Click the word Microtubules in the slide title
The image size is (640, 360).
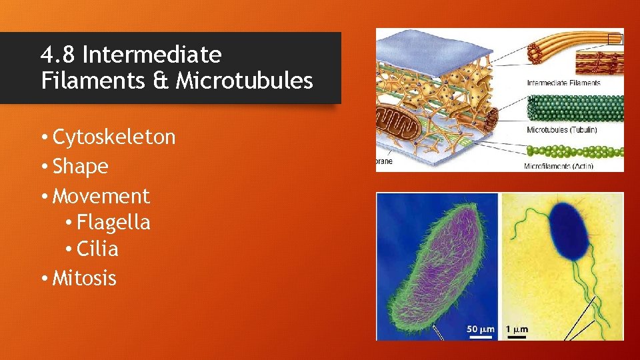[244, 81]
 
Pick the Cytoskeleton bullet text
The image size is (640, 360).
[113, 137]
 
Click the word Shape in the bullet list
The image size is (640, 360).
[80, 166]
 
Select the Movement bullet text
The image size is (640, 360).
[101, 196]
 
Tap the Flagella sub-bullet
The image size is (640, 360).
[113, 222]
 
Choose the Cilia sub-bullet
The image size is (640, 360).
[97, 249]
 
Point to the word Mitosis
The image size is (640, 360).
[84, 277]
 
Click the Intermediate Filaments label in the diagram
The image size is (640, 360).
[563, 83]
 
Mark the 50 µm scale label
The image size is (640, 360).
[479, 329]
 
